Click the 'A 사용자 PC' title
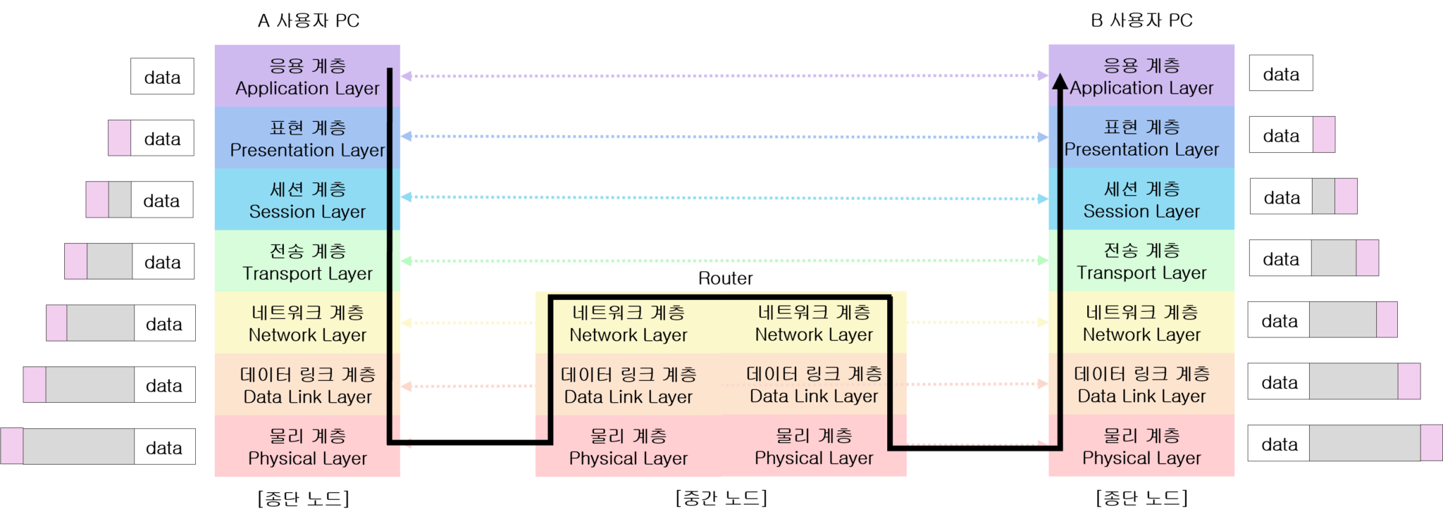309,20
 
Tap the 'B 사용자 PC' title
1141,20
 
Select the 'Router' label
725,278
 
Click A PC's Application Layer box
307,76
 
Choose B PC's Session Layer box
1141,199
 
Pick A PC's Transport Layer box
307,261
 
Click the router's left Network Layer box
628,323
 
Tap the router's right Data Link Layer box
814,384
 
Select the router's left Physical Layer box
628,446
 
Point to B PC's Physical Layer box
1141,446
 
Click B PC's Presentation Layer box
1141,137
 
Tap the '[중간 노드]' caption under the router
721,498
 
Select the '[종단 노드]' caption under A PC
304,498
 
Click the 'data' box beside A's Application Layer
162,77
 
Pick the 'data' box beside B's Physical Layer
1279,444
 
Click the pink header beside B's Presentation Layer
1324,134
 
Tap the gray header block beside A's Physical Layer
78,446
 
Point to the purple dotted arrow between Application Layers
724,75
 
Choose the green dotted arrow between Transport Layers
724,261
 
